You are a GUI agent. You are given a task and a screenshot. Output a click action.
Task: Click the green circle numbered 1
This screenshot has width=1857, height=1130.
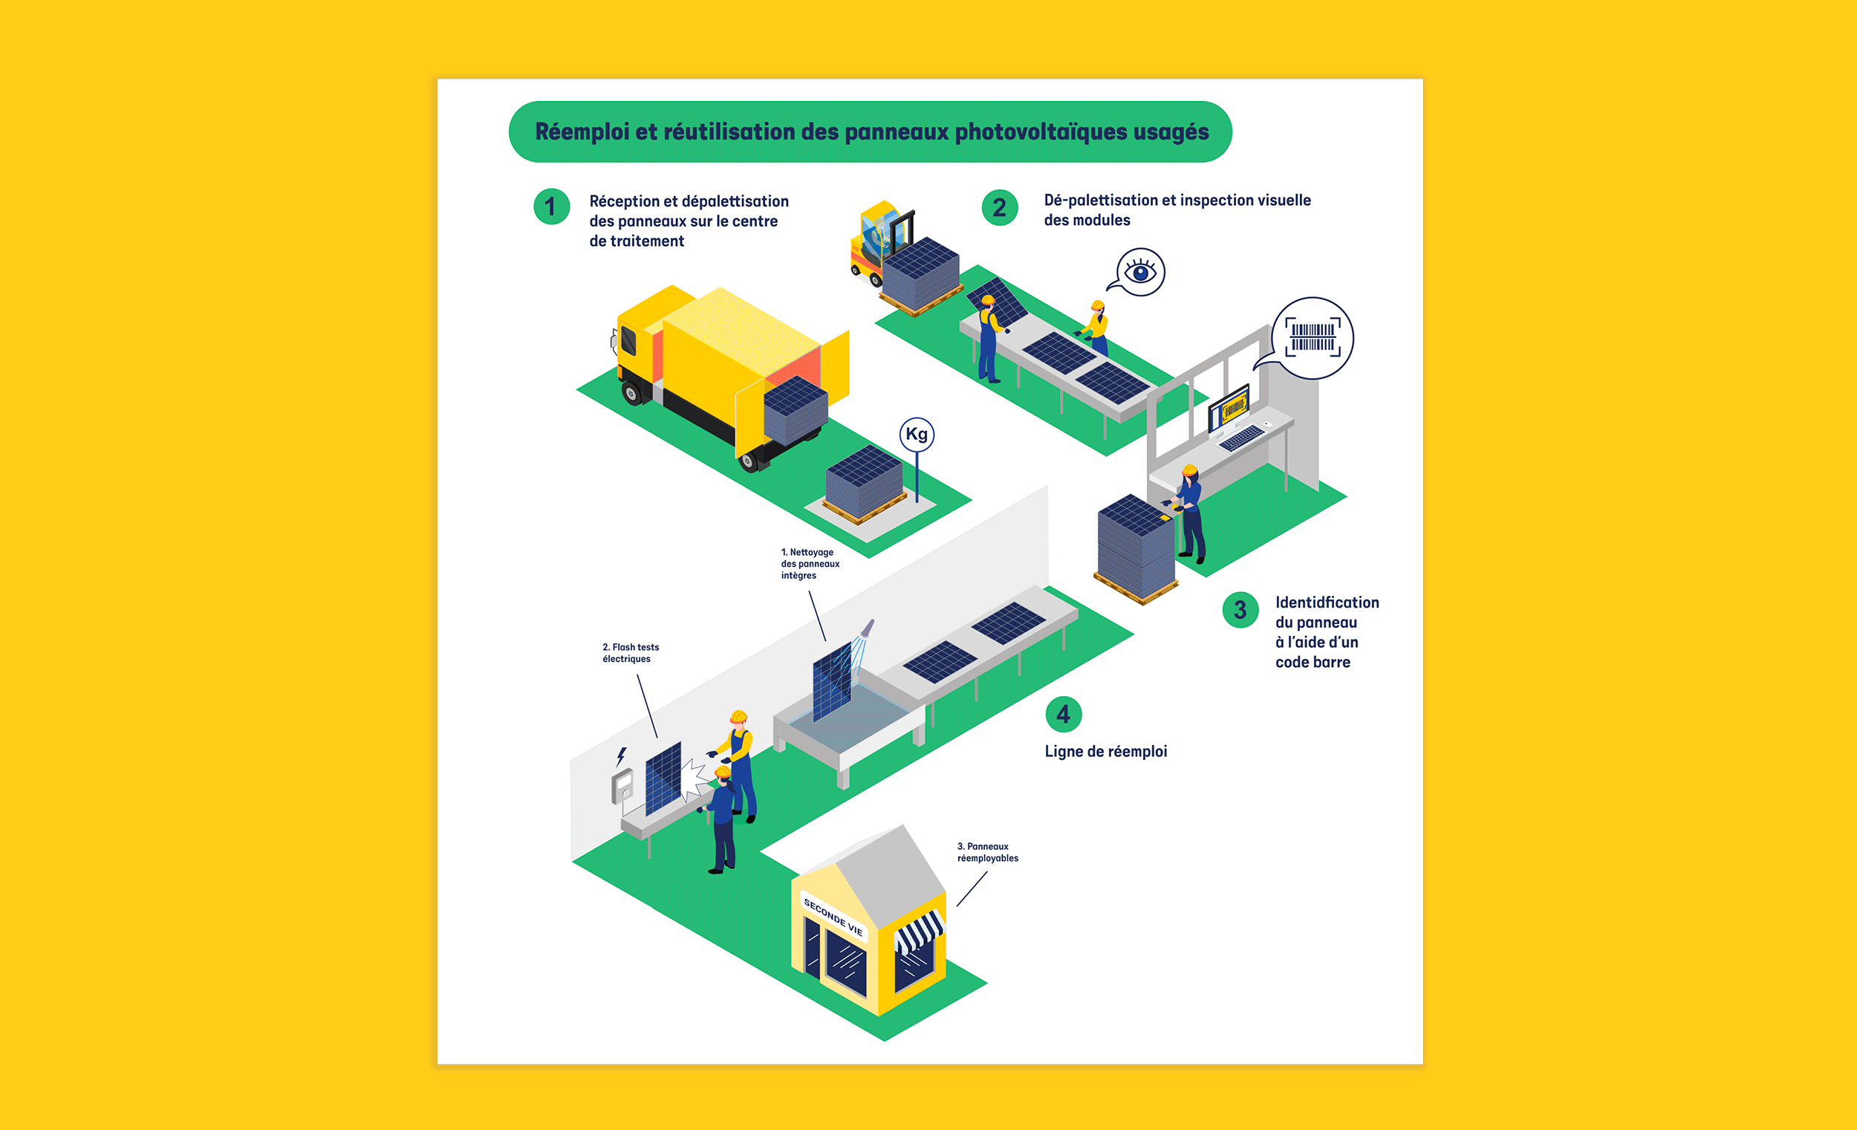(551, 207)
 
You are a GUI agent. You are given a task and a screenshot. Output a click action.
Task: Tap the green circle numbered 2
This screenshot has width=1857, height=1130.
(999, 207)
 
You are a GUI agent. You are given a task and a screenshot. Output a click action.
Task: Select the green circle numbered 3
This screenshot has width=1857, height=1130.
(1240, 610)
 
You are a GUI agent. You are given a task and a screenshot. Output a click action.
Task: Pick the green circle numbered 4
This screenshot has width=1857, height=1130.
(1064, 714)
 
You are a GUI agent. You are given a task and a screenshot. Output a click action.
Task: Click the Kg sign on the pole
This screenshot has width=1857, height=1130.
(917, 434)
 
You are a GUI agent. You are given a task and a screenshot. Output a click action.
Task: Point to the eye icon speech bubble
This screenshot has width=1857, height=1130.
(1139, 272)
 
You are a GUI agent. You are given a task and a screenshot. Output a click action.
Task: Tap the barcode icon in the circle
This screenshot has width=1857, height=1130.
(1313, 337)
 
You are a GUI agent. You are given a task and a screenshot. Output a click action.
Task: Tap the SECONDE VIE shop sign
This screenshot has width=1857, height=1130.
(833, 917)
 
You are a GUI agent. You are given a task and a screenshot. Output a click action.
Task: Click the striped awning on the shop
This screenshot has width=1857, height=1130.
(919, 932)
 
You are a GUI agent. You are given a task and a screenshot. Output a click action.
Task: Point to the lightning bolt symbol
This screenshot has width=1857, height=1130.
(622, 756)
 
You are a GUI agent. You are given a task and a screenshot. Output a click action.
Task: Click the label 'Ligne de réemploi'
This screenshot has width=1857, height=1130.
(1105, 752)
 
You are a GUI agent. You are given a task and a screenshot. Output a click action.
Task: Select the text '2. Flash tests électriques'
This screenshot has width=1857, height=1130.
(630, 653)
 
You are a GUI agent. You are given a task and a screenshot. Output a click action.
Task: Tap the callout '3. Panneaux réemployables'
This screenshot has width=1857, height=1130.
(987, 853)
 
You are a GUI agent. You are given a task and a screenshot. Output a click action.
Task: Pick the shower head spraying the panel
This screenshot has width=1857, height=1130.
(868, 628)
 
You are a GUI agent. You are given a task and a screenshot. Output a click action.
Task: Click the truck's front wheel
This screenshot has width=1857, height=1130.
(631, 393)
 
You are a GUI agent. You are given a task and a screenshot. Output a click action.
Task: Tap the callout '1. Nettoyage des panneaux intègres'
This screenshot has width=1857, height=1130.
(810, 564)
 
